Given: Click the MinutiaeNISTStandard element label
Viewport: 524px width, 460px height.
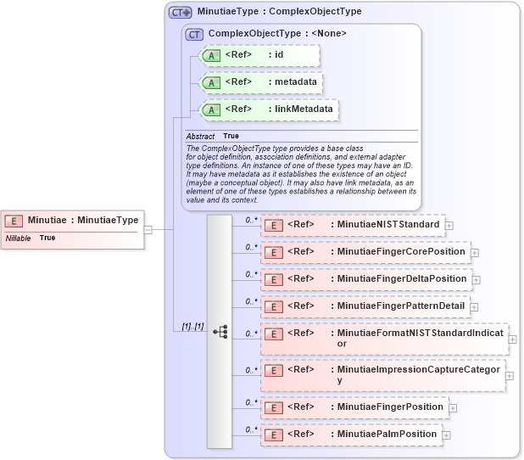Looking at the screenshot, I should [387, 225].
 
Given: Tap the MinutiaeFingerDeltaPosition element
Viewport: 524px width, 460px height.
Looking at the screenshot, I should [365, 279].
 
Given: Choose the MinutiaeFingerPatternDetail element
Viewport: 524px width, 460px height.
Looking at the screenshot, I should [365, 306].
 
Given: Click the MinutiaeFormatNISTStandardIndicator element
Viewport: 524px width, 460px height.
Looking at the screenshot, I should [383, 339].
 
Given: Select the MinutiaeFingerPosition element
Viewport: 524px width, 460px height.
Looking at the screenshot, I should [354, 407].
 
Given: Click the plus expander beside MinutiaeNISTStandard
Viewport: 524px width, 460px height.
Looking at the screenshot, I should [449, 226].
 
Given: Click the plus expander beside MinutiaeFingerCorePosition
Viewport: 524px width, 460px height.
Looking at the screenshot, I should [475, 253].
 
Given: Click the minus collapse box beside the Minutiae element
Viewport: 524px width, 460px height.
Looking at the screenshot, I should [148, 229].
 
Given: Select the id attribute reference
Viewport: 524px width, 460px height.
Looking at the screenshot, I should [259, 56].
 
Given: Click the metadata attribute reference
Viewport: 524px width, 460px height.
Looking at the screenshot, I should [259, 83].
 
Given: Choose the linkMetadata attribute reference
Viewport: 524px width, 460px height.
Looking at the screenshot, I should [267, 109].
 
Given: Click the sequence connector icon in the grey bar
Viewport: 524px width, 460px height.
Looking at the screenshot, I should [220, 332].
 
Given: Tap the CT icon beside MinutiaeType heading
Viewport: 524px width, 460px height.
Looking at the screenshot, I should [180, 12].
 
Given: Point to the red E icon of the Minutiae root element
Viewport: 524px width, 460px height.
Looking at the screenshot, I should [14, 221].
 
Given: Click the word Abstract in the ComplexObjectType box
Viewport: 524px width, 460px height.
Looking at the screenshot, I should [200, 136].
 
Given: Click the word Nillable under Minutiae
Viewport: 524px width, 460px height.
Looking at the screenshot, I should [19, 238].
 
